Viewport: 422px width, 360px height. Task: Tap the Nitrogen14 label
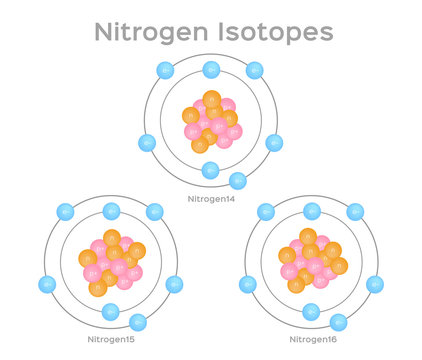211,198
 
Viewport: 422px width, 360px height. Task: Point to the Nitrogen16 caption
315,340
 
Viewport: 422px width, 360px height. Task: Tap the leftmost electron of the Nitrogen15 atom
45,281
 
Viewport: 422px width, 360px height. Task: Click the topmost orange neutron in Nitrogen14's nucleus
211,100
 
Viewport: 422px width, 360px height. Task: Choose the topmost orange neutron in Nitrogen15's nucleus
112,238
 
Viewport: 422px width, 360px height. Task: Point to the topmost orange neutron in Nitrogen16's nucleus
310,237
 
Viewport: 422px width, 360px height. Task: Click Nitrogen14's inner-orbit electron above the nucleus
211,70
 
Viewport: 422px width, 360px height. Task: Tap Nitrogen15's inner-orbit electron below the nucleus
111,313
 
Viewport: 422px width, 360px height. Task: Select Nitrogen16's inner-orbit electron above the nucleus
312,212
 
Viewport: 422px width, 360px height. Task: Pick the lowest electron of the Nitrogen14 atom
238,181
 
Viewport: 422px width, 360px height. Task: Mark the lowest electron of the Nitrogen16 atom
338,321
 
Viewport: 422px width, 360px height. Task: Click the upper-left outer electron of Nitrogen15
66,211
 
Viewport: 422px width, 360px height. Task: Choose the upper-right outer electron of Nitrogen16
357,212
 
